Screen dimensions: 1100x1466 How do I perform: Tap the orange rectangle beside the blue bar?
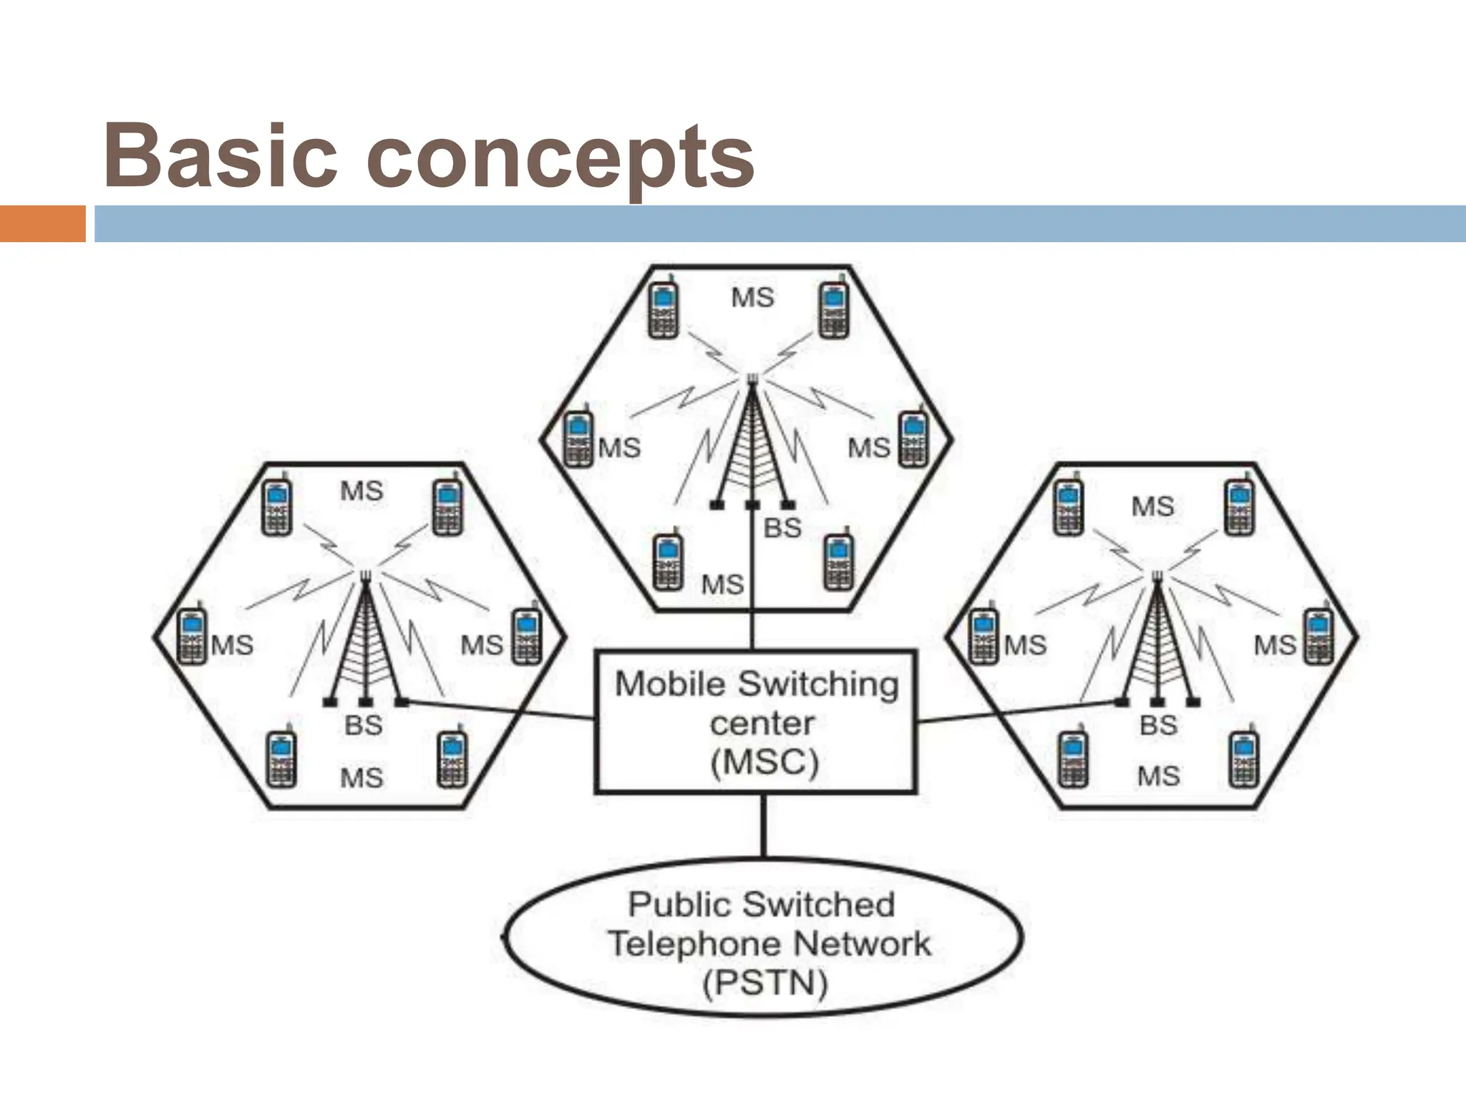click(42, 223)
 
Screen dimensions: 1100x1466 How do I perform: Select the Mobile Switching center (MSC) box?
click(756, 722)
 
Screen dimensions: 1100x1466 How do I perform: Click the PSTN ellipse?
click(763, 938)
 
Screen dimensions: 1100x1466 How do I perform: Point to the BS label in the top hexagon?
click(782, 529)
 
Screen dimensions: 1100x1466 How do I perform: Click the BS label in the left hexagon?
click(364, 725)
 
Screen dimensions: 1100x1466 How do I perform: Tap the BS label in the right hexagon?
click(1158, 725)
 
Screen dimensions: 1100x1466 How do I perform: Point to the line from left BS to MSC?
click(501, 710)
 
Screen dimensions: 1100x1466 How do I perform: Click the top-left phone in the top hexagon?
click(664, 309)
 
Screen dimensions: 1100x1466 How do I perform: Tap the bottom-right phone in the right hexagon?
click(1244, 759)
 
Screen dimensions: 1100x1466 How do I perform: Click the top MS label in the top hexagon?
click(752, 297)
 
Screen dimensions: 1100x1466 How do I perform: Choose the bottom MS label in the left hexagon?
click(361, 778)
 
